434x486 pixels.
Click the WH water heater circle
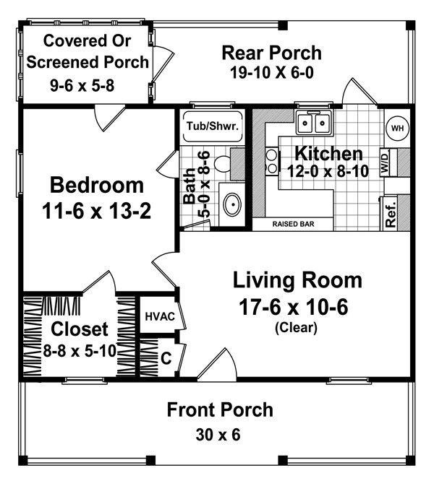coord(396,128)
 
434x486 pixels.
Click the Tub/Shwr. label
coord(213,125)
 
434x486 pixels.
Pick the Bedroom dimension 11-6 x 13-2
coord(97,213)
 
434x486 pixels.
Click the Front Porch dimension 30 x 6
coord(220,435)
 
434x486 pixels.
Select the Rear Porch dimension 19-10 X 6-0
coord(271,73)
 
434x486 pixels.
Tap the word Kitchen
coord(329,154)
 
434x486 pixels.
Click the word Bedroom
coord(97,186)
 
